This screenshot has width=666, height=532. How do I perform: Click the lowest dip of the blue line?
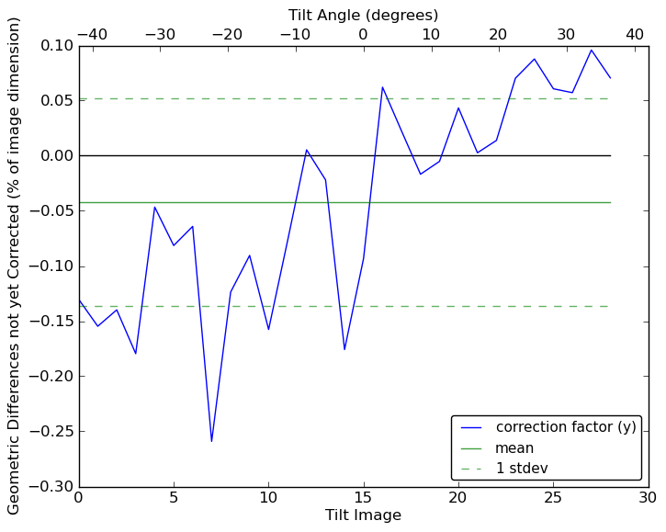211,442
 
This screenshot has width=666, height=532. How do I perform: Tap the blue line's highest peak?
592,50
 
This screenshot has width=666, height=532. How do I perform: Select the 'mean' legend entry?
514,448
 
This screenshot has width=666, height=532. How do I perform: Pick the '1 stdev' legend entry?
521,469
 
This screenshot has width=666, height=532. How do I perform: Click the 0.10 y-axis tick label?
54,45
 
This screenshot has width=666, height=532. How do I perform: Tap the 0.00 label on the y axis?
54,155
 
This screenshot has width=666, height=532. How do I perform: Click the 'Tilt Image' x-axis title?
363,515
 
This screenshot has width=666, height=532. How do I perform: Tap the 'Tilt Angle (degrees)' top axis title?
363,15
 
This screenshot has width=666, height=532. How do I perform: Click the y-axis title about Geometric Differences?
15,266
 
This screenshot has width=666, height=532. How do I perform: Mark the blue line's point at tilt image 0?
79,300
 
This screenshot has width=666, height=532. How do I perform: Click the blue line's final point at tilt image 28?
610,78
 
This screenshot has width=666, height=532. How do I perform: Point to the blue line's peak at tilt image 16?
382,87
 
